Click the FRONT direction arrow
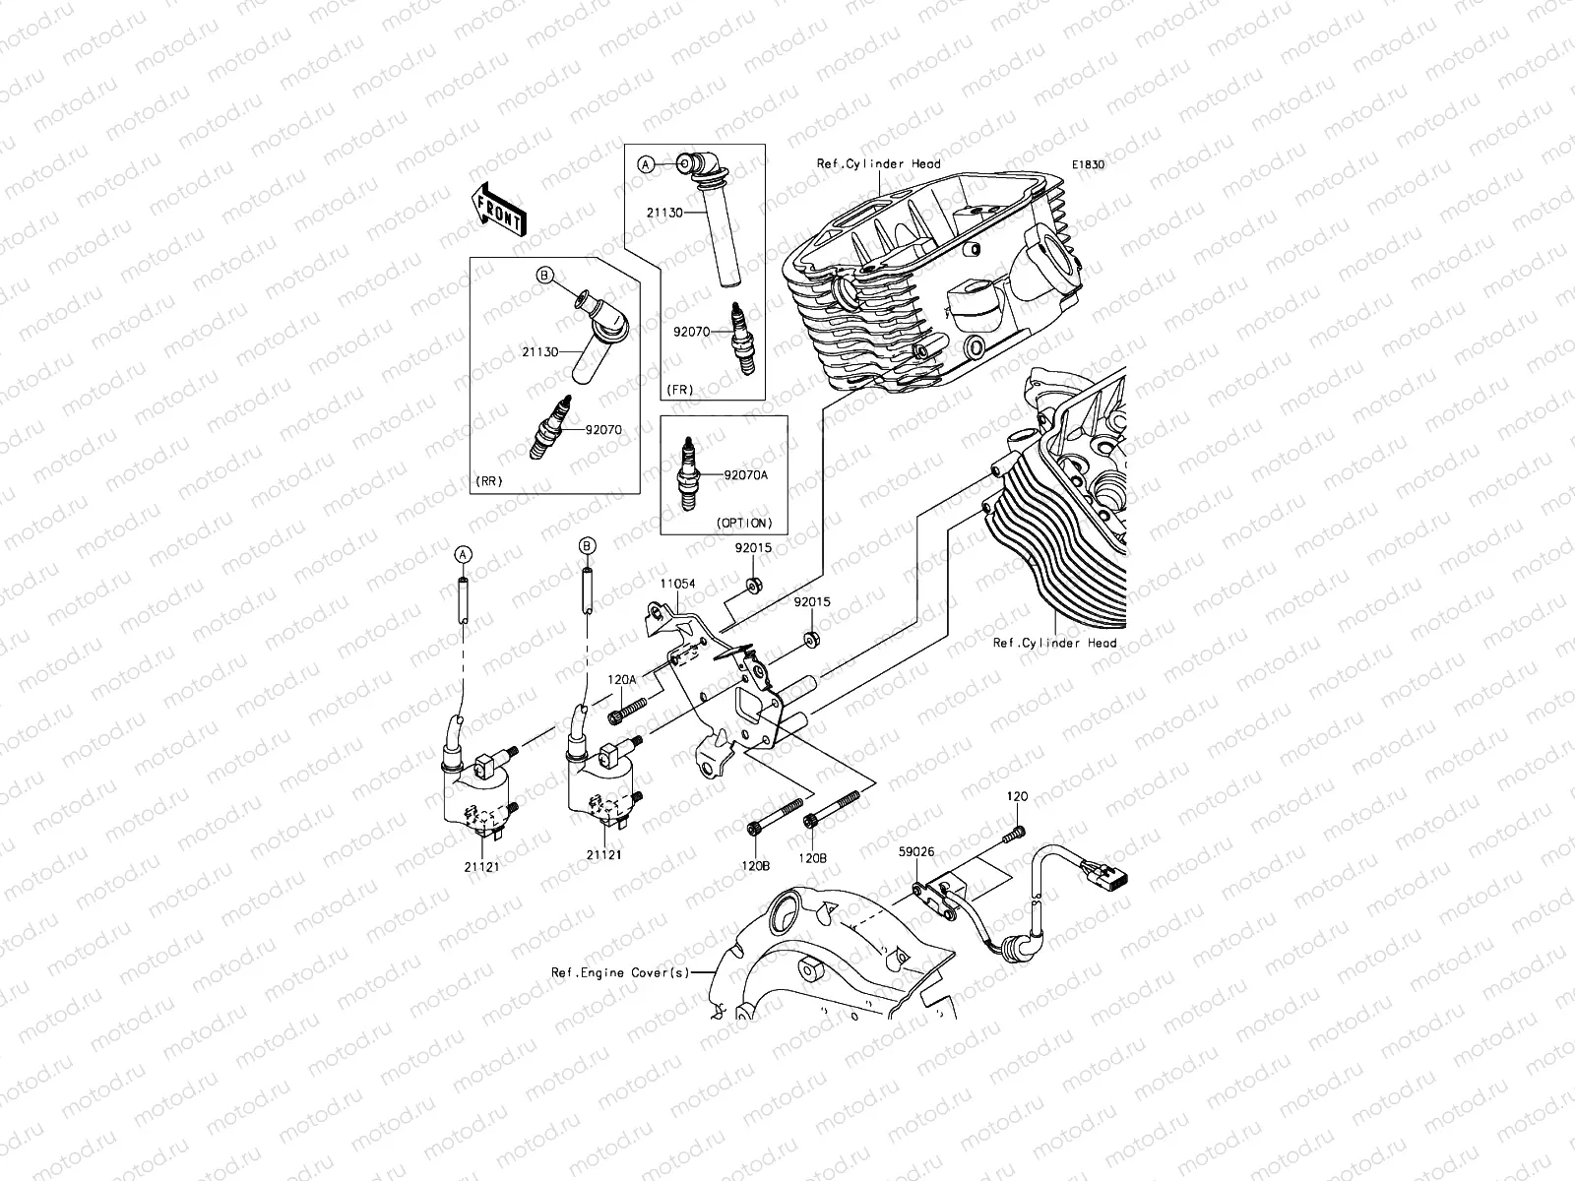click(499, 211)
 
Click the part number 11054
click(677, 584)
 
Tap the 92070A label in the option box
click(745, 474)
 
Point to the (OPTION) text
click(745, 523)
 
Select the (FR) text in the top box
click(678, 390)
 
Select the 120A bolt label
click(621, 679)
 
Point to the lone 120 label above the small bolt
click(1017, 794)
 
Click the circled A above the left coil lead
click(460, 555)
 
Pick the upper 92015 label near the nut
click(751, 545)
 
